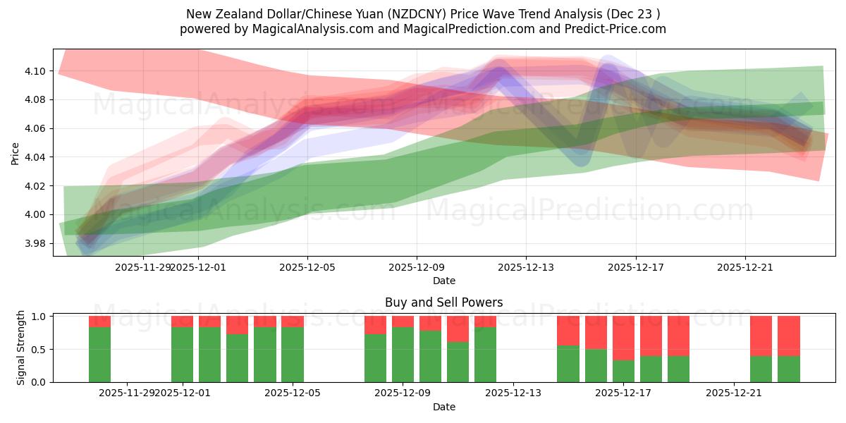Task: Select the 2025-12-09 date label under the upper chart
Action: coord(417,267)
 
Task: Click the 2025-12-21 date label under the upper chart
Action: coord(745,267)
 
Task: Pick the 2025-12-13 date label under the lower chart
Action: coord(513,393)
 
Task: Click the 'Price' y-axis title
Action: coord(16,152)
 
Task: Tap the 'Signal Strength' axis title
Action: coord(21,348)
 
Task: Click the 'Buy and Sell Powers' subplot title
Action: coord(443,302)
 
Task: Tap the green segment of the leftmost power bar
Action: coord(99,355)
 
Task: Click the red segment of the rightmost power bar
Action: coord(788,336)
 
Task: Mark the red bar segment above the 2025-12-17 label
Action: coord(623,338)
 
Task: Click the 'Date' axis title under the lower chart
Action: coord(443,407)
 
